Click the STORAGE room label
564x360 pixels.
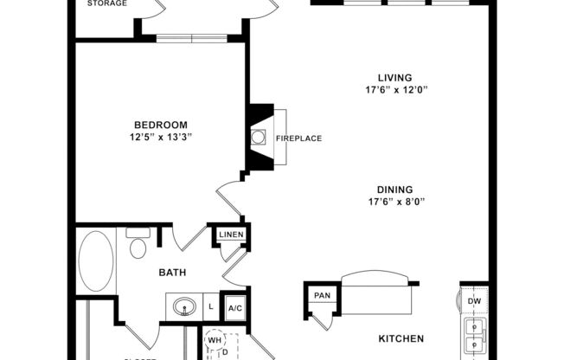tap(108, 3)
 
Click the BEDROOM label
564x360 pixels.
tap(160, 124)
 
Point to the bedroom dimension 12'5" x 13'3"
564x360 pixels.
tap(160, 136)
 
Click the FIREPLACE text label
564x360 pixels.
tap(298, 138)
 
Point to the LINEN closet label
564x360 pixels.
tap(231, 235)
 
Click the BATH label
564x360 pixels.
tap(172, 273)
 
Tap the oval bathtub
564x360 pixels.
tap(95, 260)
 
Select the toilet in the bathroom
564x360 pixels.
tap(138, 247)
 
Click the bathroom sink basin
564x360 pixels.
tap(183, 306)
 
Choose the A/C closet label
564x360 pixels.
tap(234, 307)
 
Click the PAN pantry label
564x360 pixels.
tap(322, 296)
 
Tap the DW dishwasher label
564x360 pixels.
tap(474, 301)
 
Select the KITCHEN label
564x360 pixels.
tap(401, 338)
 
